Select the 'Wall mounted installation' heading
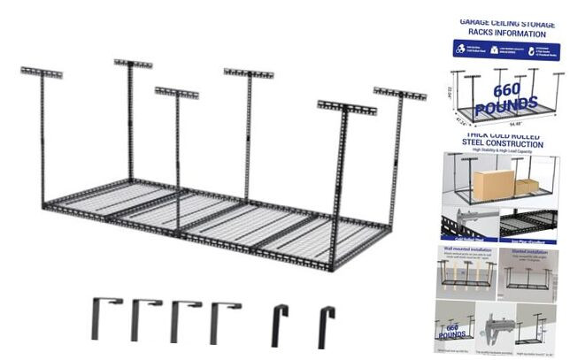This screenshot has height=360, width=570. tap(468, 250)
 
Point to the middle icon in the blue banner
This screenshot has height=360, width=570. tap(502, 50)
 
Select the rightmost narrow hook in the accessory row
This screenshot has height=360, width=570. tap(327, 325)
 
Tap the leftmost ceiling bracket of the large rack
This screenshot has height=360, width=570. tap(41, 72)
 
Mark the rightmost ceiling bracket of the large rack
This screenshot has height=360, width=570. tap(399, 92)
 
